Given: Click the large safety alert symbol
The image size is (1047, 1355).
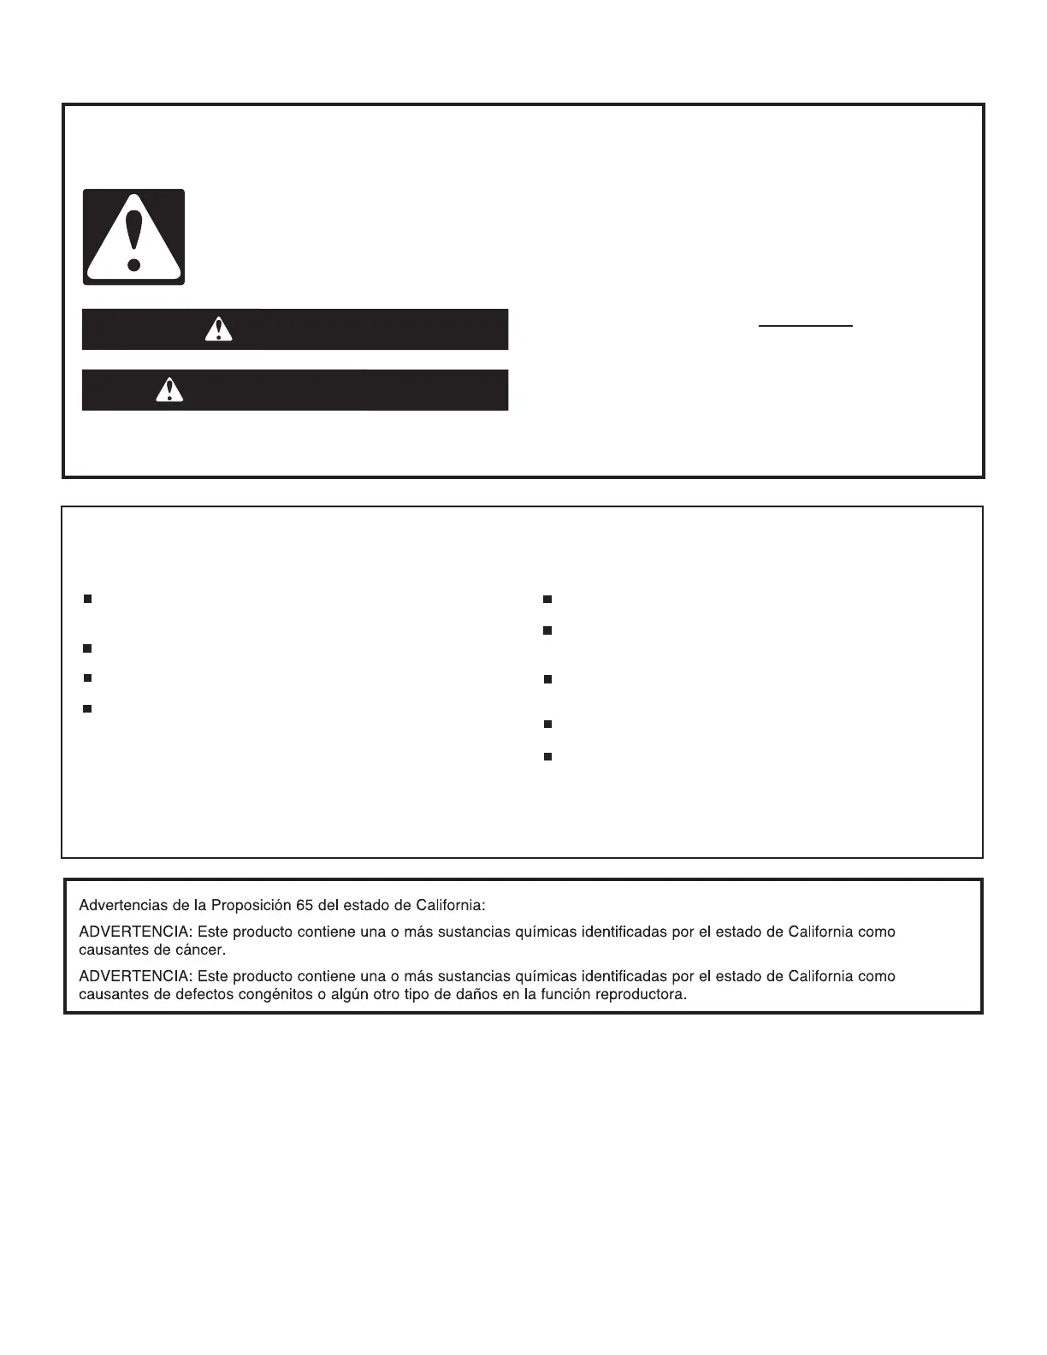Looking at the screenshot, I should tap(133, 237).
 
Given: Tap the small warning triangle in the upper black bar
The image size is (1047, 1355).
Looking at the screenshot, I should tap(219, 329).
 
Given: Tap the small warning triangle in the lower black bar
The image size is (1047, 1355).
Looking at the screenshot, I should tap(169, 390).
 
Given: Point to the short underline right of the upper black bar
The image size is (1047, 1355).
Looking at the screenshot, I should tap(806, 326).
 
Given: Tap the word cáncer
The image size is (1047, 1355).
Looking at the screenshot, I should tap(203, 950).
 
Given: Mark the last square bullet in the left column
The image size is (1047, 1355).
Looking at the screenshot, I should tap(87, 708).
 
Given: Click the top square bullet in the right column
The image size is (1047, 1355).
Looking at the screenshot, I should tap(547, 600).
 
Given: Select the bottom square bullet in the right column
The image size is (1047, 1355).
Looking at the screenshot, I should tap(547, 757).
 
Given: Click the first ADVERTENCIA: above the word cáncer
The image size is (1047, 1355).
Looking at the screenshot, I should tap(135, 932).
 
